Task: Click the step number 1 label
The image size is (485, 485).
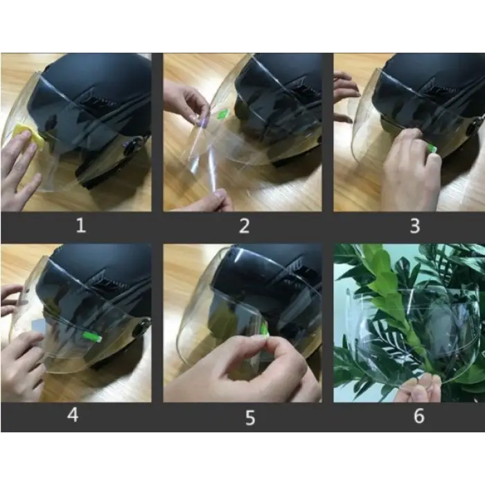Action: [x=81, y=225]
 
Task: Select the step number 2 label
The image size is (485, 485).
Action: [x=245, y=225]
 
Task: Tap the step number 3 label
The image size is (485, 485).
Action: [x=415, y=226]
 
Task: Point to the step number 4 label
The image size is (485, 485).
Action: [x=73, y=415]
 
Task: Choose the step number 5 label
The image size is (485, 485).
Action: [x=250, y=418]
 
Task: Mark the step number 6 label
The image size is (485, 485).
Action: [x=419, y=416]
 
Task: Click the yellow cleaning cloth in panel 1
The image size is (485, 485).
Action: [x=28, y=136]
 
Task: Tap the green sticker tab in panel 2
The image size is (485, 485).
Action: [x=223, y=114]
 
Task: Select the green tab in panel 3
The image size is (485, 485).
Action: [x=432, y=149]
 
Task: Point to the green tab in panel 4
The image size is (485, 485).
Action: [x=92, y=337]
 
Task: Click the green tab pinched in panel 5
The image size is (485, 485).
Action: [x=265, y=329]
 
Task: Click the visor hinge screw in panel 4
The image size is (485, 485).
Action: [x=140, y=328]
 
